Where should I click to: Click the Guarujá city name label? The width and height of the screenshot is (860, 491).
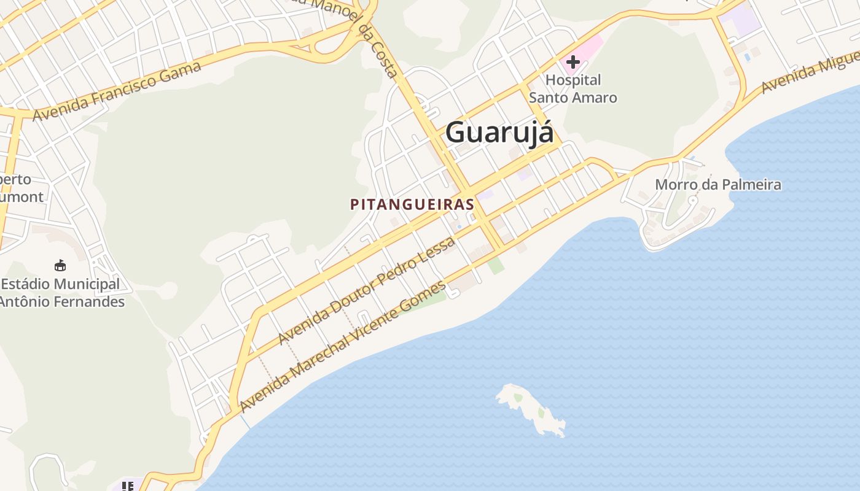coord(499,133)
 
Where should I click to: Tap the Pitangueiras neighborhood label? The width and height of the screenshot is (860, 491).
coord(412,204)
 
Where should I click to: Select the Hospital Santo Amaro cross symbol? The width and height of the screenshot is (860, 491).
coord(573,62)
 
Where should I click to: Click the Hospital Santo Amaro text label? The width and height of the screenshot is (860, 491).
coord(573,89)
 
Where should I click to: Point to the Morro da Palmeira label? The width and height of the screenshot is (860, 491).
coord(717,185)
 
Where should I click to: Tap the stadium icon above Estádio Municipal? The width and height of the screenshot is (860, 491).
coord(60,265)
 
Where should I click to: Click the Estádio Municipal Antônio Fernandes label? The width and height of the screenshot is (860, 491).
coord(61,293)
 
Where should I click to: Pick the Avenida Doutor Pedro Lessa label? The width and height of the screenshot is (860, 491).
coord(366,290)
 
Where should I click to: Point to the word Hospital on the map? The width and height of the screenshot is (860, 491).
coord(573,80)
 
